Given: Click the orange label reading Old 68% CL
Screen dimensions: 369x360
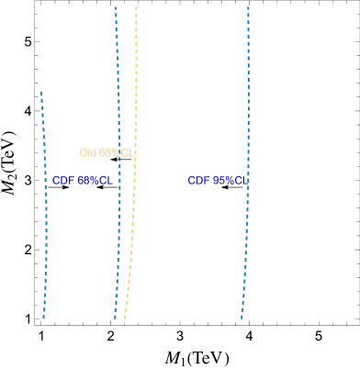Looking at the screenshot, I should coord(107,153).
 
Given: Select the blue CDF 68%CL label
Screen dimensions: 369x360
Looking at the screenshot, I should coord(83,181).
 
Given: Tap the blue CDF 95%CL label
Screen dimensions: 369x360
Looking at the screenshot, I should coord(218,181).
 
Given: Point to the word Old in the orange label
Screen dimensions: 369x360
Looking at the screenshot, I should coord(88,153).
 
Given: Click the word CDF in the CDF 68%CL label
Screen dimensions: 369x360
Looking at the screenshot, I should coord(63,181).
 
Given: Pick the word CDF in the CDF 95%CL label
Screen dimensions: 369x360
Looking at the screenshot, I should coord(199,181).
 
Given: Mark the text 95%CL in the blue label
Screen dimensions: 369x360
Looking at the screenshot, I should coord(230,181).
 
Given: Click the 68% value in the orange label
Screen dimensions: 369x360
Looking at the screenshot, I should coord(110,153).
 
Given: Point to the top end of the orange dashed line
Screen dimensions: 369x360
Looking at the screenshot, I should coord(136,7).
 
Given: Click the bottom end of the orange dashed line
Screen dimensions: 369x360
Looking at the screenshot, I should coord(124,318).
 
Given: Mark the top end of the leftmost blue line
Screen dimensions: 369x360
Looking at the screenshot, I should coord(41,93).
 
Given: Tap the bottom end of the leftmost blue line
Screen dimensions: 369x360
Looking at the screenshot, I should coord(43,318).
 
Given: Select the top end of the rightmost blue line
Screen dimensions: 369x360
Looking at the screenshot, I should coord(248,7).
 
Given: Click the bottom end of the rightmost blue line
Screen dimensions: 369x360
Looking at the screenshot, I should coord(242,318).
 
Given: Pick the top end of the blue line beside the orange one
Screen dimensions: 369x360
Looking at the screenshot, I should coord(115,7).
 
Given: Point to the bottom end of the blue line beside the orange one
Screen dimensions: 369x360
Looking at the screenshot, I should coord(115,318).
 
